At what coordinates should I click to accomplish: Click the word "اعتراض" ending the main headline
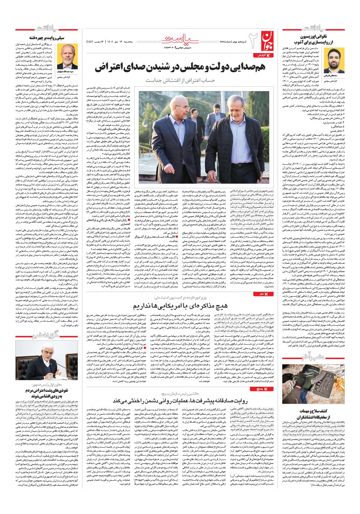[111, 68]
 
